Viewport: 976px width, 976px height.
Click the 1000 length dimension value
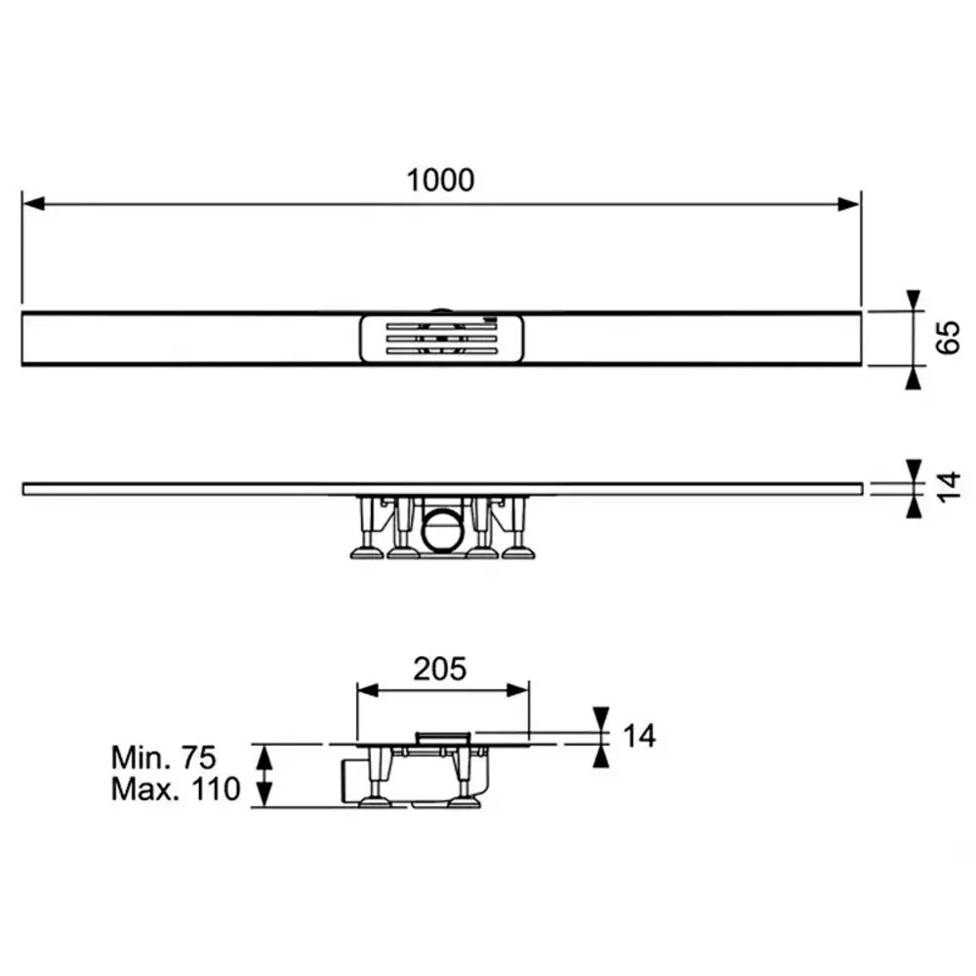440,180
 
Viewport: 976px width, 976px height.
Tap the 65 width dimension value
948,338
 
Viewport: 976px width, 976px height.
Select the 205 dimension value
439,670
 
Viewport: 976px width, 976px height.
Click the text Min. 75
164,757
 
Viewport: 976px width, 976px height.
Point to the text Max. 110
176,790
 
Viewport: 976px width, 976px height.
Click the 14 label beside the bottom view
639,736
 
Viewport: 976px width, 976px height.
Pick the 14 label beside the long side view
949,487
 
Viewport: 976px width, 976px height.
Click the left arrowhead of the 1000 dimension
33,204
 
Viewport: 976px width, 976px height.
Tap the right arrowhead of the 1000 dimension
848,204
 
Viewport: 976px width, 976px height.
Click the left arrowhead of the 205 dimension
369,690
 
